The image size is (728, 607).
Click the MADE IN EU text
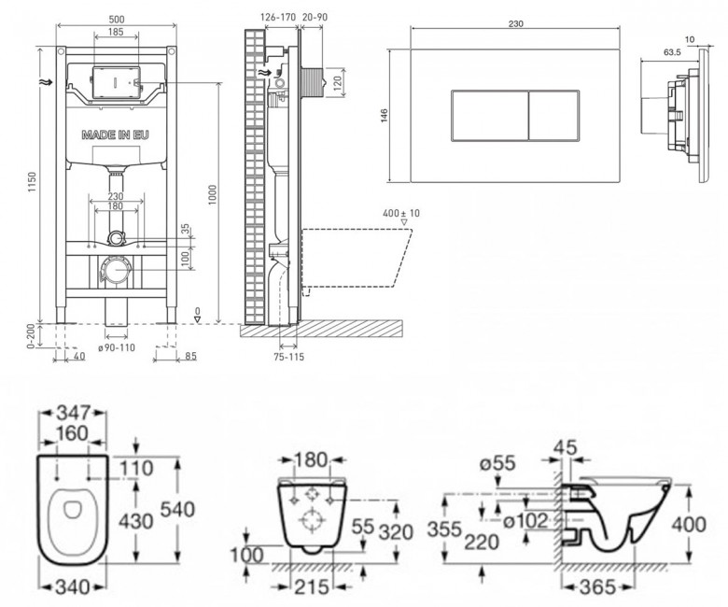115,135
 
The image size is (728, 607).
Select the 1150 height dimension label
32,183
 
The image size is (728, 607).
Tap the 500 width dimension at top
116,20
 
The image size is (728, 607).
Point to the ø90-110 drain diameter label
117,347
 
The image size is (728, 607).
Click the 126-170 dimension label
277,17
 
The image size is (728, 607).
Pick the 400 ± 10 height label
401,213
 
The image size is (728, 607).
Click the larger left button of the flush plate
490,115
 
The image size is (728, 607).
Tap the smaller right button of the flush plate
553,115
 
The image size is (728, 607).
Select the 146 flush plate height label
385,115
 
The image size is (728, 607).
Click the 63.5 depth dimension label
672,52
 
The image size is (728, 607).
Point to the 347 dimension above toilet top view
73,413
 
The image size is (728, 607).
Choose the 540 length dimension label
177,510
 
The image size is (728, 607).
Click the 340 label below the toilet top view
73,587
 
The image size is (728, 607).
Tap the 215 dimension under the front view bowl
312,587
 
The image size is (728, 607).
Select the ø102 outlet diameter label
526,520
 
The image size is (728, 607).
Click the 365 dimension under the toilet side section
597,587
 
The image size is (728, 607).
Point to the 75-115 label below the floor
288,357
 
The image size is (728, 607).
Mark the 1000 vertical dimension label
213,195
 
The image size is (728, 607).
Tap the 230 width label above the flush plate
516,23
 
